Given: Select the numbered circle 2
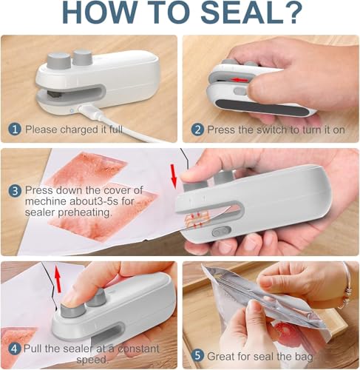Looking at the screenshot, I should [197, 129].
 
